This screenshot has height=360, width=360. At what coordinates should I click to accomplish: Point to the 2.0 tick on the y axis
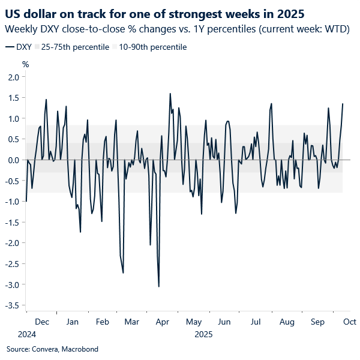click(x=13, y=77)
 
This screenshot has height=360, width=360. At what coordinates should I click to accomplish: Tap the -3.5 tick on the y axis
click(x=12, y=305)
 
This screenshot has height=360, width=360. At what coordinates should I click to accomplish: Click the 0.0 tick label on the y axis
click(x=13, y=160)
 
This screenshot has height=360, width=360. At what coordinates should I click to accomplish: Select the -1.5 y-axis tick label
click(x=12, y=223)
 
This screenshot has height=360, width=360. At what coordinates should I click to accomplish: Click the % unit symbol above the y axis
click(x=25, y=64)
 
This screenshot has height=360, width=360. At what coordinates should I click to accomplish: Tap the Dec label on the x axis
click(x=41, y=322)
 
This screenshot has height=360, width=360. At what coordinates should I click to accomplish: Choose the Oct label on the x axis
click(x=350, y=322)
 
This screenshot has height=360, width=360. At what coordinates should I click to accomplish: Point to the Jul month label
click(x=256, y=322)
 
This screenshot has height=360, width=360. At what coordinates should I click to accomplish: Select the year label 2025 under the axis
click(x=203, y=334)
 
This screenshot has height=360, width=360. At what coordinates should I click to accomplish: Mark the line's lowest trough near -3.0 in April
click(x=159, y=286)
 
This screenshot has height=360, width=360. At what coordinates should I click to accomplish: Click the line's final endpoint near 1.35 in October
click(x=343, y=104)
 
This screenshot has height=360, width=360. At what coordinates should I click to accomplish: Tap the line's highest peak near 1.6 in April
click(x=170, y=94)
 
